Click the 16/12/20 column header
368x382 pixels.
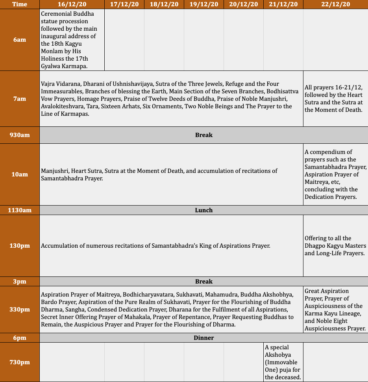coord(72,4)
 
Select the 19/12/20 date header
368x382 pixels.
coord(203,4)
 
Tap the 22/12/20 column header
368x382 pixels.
coord(335,4)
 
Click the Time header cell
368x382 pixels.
coord(20,4)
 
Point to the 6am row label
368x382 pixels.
coord(20,40)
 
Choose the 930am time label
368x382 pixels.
coord(20,135)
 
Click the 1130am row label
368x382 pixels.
coord(20,210)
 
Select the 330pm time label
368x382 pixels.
coord(20,310)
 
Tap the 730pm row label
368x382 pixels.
coord(20,362)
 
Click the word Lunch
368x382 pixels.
coord(203,210)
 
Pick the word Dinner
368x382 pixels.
coord(203,338)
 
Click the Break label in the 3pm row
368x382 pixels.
coord(203,282)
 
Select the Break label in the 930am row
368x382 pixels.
coord(203,135)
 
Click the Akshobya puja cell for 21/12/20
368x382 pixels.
coord(283,362)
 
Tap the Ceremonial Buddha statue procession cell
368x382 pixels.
coord(72,40)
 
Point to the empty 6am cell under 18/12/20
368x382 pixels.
coord(164,40)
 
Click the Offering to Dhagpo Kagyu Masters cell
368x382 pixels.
coord(335,246)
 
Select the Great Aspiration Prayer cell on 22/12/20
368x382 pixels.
coord(335,310)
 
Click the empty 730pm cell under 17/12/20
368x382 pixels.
coord(124,362)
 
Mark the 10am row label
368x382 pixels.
coord(20,174)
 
